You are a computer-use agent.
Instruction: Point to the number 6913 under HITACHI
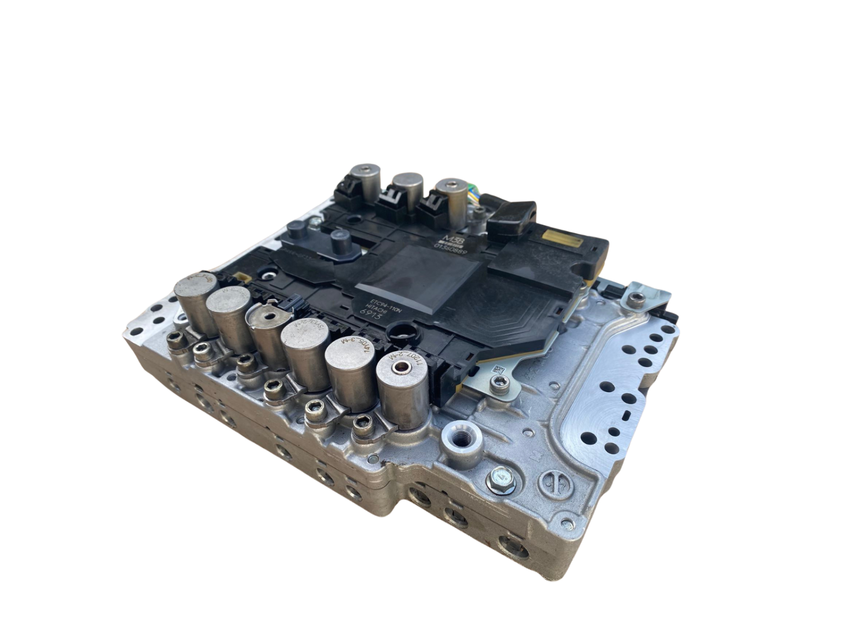371,316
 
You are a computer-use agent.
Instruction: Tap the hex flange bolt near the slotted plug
501,478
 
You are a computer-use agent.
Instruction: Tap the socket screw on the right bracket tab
637,299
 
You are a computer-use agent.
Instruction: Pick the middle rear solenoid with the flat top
408,190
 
